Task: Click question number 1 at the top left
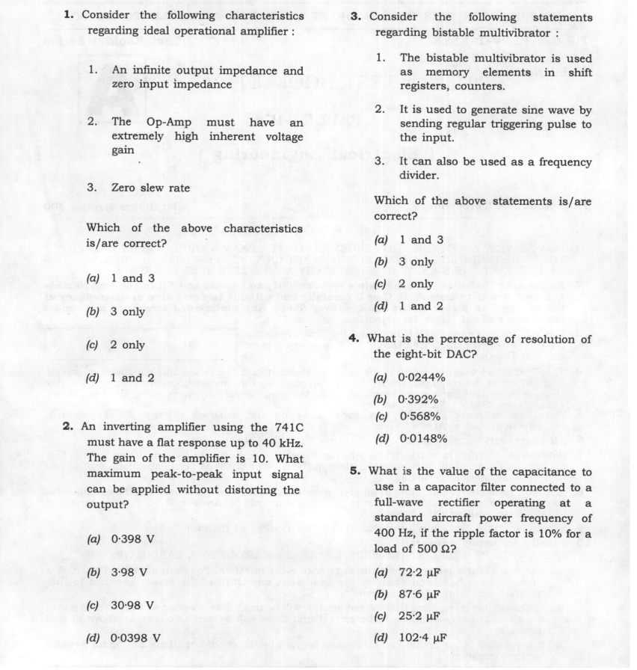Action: (x=67, y=15)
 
